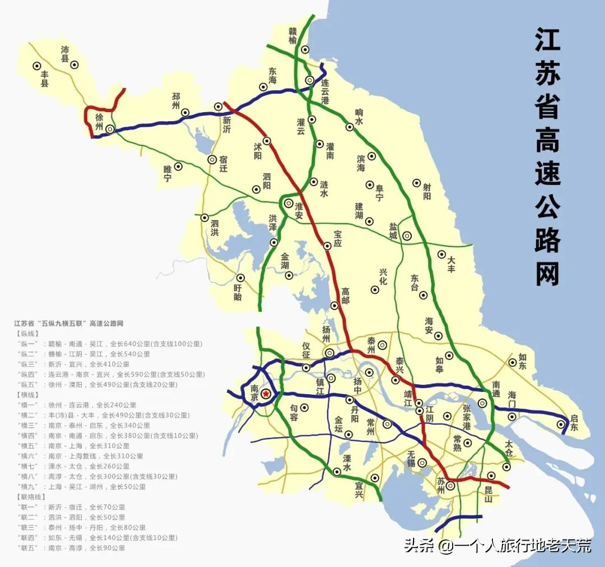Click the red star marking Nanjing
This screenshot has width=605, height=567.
point(266,394)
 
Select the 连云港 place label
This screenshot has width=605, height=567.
point(325,91)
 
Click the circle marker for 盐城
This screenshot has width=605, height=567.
point(407,236)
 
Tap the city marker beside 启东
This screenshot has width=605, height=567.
point(561,425)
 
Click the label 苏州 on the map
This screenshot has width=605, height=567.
point(441,486)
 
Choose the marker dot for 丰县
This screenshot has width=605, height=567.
point(37,65)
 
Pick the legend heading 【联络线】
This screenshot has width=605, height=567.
point(31,497)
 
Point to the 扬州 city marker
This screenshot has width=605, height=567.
point(330,353)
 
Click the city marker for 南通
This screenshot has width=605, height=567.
point(482,403)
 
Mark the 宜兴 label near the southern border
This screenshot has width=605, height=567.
point(359,491)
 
